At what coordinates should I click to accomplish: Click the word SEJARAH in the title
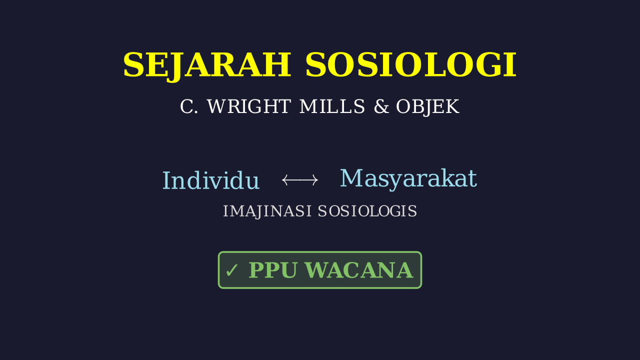pos(207,65)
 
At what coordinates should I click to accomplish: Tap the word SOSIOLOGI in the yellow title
pos(411,65)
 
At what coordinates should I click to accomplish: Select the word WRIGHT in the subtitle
pos(249,106)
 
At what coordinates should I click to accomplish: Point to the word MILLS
pos(332,106)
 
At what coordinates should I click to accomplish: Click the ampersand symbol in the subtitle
pos(381,106)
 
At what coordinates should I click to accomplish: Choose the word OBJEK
pos(427,107)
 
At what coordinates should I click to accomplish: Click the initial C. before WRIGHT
pos(189,106)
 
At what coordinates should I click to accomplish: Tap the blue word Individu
pos(211,180)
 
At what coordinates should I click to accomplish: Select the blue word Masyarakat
pos(408,179)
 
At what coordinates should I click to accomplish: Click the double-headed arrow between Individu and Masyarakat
pos(300,180)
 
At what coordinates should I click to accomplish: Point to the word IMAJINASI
pos(267,211)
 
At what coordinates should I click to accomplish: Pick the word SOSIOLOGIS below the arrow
pos(367,211)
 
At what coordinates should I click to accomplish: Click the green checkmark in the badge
pos(231,270)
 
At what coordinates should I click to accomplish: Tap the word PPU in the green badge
pos(273,270)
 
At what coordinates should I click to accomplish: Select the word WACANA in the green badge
pos(359,270)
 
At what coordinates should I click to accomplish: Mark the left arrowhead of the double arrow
pos(284,180)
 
